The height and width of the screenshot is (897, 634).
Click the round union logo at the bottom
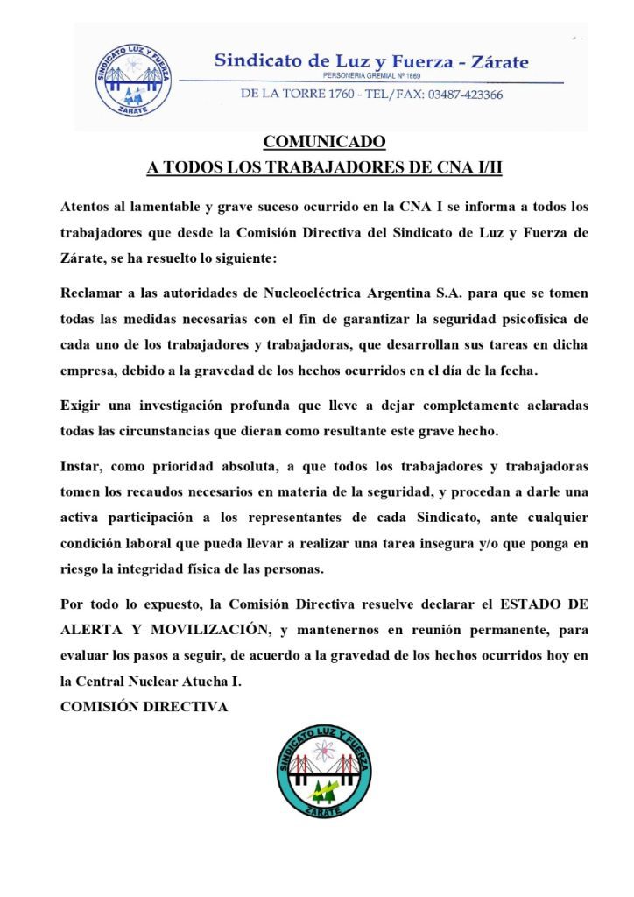point(324,770)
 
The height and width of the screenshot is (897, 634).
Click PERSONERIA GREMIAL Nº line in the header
point(372,77)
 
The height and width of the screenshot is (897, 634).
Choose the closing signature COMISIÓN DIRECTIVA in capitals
point(144,706)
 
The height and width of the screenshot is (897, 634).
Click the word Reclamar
point(93,293)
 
